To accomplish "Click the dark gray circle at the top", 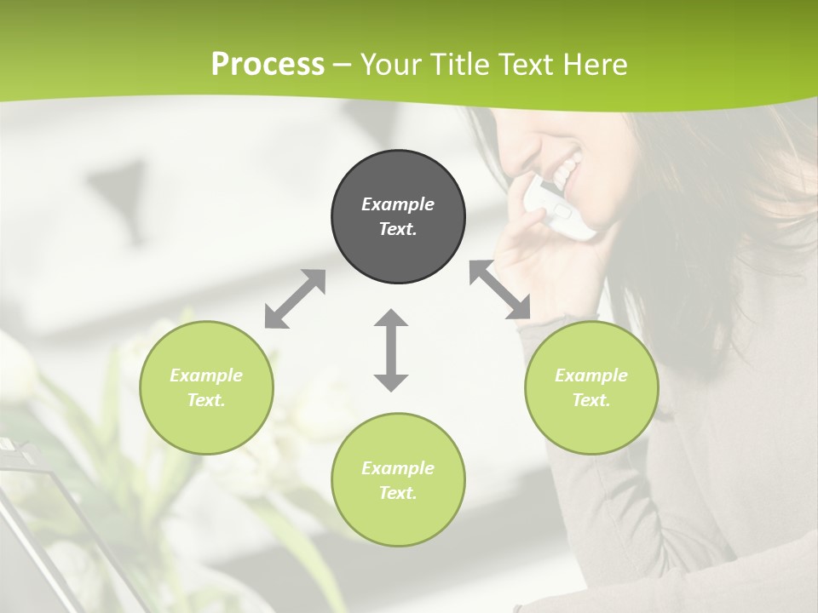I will tap(398, 217).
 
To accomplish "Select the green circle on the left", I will tap(206, 387).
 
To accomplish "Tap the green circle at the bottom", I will tap(398, 479).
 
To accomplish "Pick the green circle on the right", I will tap(591, 387).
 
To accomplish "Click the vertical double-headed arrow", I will tap(391, 351).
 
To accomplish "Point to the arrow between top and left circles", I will tap(295, 299).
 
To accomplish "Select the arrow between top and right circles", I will tap(500, 290).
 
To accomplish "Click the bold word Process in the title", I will tap(268, 65).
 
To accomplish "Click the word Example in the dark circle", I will tap(398, 204).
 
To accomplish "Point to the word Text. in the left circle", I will tap(206, 400).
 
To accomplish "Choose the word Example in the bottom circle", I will tap(398, 467).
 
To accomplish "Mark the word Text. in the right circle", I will tap(591, 400).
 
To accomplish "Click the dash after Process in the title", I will tap(343, 65).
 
